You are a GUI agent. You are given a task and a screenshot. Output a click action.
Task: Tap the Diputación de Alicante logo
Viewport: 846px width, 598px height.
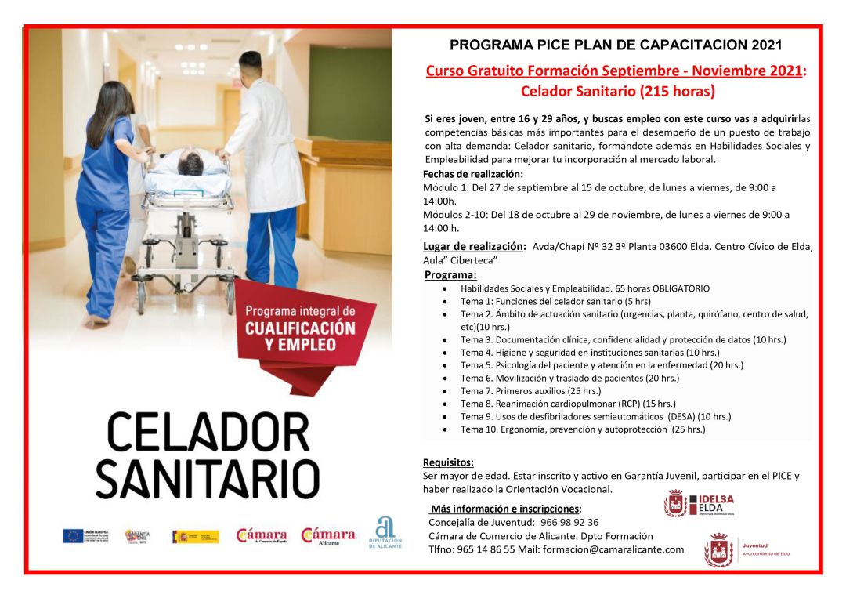click(x=385, y=533)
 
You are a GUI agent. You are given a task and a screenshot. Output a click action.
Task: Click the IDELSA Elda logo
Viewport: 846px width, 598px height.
click(x=699, y=503)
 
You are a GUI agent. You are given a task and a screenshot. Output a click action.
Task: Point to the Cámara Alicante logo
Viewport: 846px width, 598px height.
click(x=328, y=535)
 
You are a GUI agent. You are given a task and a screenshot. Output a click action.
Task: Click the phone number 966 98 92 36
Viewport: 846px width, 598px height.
click(x=569, y=522)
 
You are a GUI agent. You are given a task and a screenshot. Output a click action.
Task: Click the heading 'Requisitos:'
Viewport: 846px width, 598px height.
click(x=448, y=462)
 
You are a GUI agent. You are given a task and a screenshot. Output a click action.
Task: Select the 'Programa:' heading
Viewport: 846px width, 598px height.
click(x=450, y=275)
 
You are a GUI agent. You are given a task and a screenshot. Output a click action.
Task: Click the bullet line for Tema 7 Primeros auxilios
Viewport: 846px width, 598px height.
click(x=530, y=390)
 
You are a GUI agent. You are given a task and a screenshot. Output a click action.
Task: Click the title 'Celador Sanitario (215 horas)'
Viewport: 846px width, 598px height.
click(x=617, y=92)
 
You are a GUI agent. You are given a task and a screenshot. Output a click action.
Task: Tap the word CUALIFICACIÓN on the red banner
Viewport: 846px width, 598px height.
click(x=300, y=328)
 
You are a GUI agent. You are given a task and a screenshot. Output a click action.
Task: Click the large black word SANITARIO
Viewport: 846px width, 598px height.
click(x=208, y=476)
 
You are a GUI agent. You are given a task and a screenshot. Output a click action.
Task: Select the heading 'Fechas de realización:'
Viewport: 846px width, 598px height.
click(x=472, y=174)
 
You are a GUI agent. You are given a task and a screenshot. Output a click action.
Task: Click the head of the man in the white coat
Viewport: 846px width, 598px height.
click(x=250, y=67)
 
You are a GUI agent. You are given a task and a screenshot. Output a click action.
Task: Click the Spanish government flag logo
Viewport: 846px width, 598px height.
click(x=195, y=536)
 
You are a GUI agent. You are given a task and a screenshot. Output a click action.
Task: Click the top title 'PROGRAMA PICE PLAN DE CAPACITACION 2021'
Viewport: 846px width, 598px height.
click(x=616, y=45)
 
